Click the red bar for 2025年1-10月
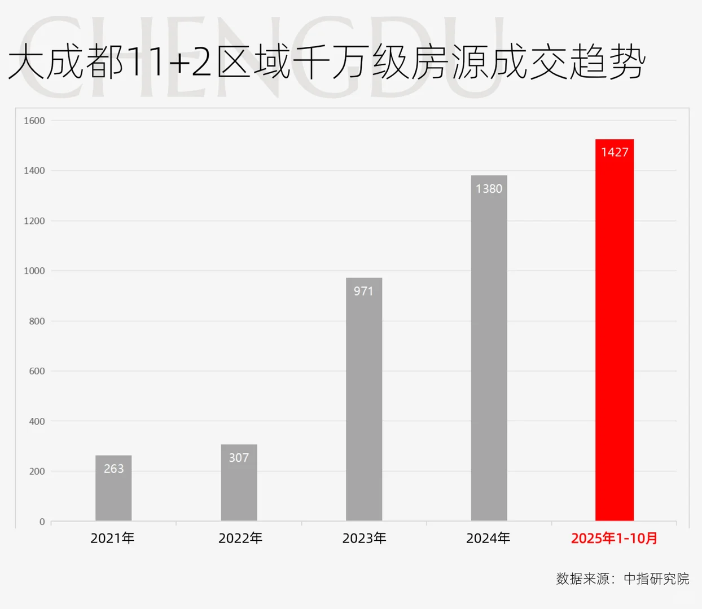point(615,338)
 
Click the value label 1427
point(615,152)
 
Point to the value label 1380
point(489,189)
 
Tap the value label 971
point(364,291)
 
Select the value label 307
point(239,457)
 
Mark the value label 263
point(113,469)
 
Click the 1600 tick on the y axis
point(34,121)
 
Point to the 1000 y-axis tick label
point(34,271)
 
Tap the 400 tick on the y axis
point(37,421)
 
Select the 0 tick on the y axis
point(42,522)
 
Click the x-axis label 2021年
point(112,539)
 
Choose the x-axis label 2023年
point(364,539)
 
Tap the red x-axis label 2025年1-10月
point(614,539)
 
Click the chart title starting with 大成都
point(326,62)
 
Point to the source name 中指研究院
point(656,579)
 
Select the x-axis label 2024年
point(488,539)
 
